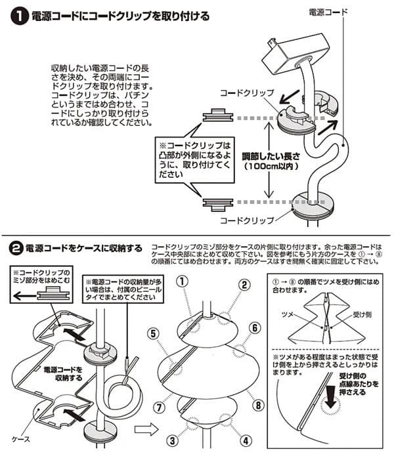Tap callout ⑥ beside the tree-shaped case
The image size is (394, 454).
point(255,327)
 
